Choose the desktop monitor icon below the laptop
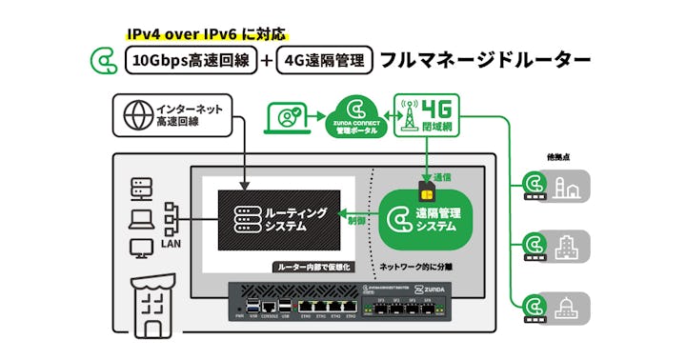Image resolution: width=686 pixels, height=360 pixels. coord(141,250)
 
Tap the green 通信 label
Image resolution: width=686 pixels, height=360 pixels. coord(441,177)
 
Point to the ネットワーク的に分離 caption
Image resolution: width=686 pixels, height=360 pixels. coord(421,267)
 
